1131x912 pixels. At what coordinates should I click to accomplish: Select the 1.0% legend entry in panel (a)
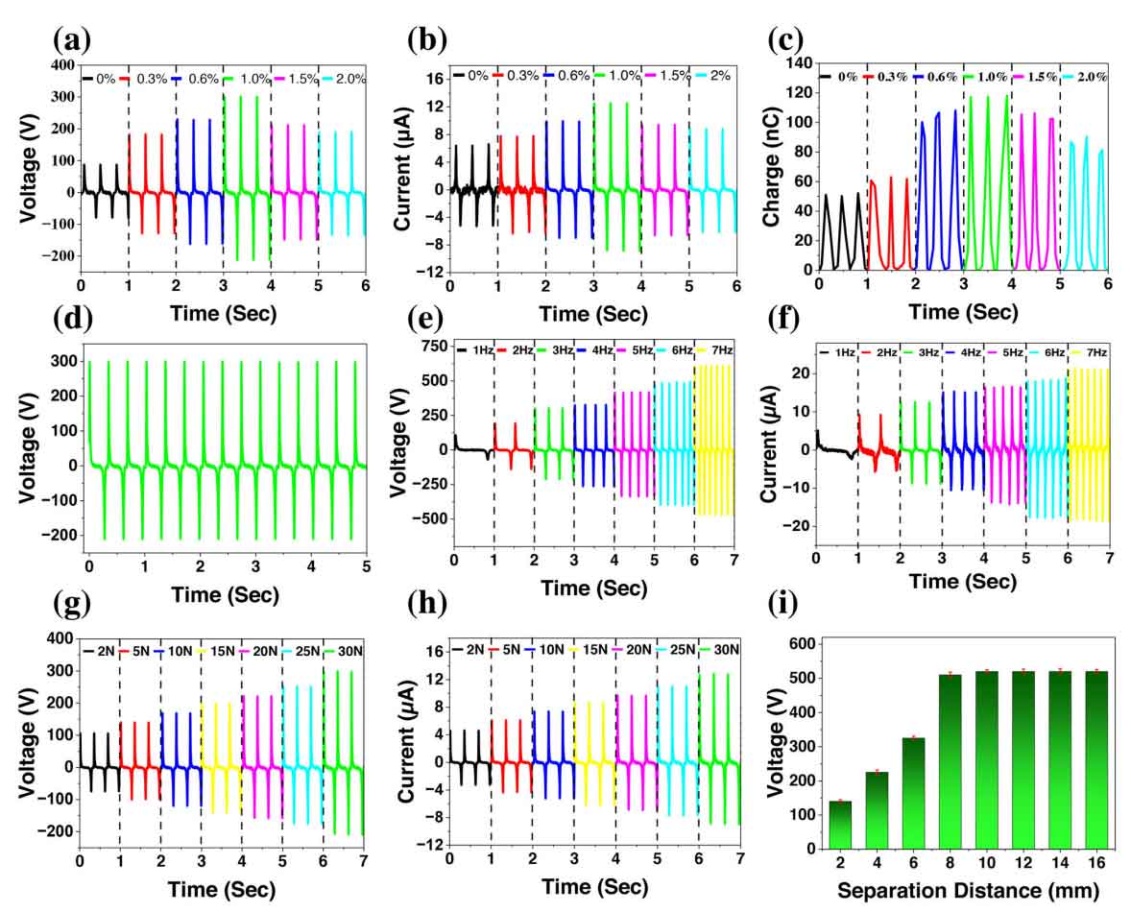click(x=243, y=78)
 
